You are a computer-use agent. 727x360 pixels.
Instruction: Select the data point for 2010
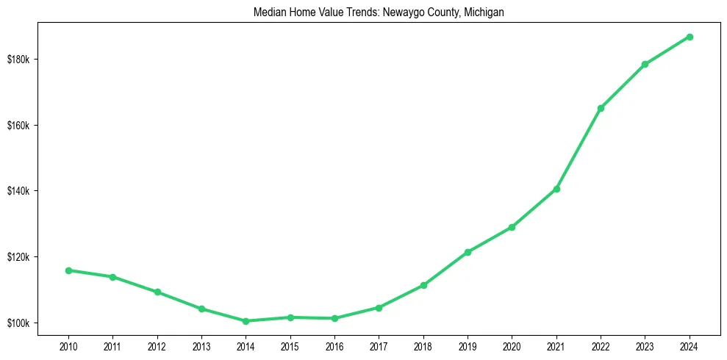click(x=68, y=270)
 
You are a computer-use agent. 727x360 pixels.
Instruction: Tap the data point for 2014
click(x=246, y=321)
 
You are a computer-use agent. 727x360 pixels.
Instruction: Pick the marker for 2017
click(x=379, y=308)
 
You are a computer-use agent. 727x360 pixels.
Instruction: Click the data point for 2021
click(x=556, y=189)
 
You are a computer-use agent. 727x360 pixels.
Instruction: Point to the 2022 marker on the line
click(x=601, y=108)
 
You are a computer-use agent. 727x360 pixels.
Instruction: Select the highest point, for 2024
click(x=690, y=37)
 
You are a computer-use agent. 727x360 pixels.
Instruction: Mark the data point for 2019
click(x=468, y=252)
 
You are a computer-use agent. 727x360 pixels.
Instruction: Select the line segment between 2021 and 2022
click(x=579, y=148)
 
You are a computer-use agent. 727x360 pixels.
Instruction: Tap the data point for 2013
click(x=201, y=309)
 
